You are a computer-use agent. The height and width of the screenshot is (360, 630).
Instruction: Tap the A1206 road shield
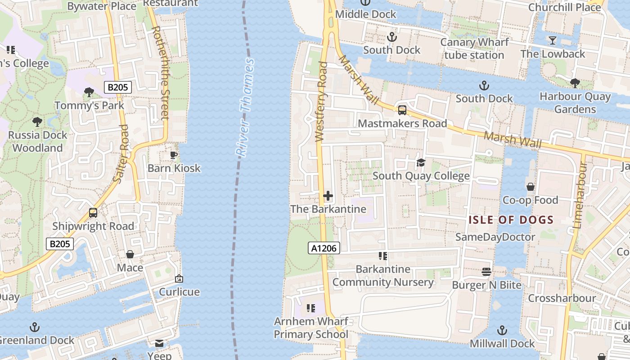[x=324, y=247]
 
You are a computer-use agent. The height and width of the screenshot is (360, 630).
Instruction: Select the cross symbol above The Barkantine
[x=328, y=196]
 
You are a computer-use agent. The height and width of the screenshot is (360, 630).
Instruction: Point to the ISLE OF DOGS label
[x=511, y=220]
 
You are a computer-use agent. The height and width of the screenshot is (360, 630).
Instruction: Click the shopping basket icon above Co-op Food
[x=531, y=186]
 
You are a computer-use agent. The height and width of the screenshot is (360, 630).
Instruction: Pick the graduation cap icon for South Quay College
[x=421, y=162]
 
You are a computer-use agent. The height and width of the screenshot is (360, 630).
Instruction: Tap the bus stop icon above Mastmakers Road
[x=402, y=110]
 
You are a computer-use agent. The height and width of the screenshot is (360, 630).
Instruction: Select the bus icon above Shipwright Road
[x=93, y=212]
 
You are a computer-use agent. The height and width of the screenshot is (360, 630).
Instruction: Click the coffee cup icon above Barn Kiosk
[x=174, y=155]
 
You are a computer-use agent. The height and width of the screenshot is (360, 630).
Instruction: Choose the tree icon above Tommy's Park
[x=89, y=92]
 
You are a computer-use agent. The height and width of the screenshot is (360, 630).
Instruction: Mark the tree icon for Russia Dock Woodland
[x=37, y=121]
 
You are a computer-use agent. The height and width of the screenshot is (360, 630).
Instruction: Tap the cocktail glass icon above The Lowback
[x=553, y=40]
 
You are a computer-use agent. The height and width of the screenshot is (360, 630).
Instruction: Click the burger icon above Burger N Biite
[x=486, y=271]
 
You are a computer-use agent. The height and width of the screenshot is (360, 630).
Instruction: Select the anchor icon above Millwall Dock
[x=502, y=330]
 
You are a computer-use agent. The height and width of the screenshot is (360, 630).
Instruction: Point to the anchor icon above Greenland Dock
[x=35, y=327]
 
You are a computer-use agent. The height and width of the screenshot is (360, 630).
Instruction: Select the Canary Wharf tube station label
[x=474, y=49]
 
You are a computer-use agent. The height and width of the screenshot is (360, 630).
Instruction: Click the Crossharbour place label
[x=562, y=298]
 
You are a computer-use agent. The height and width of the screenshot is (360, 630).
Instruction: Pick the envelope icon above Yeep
[x=159, y=343]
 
